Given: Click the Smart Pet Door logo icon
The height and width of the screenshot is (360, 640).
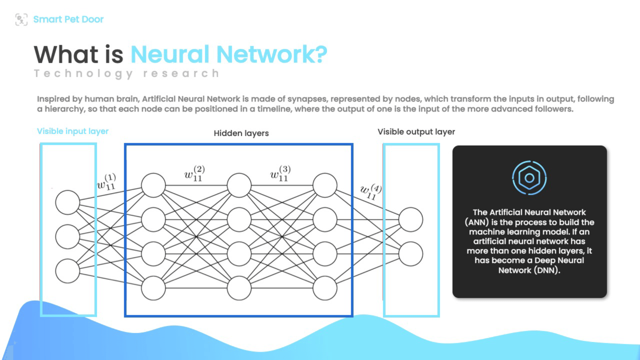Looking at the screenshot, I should pyautogui.click(x=21, y=19).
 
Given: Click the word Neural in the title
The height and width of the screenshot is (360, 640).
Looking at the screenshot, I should pyautogui.click(x=170, y=54).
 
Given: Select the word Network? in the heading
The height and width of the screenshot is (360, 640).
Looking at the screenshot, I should pyautogui.click(x=272, y=54).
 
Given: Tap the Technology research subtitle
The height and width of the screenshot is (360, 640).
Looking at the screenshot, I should pyautogui.click(x=127, y=73).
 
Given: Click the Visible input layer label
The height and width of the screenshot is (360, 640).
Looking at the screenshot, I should pyautogui.click(x=73, y=131).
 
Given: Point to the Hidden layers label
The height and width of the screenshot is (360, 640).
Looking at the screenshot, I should pyautogui.click(x=241, y=133).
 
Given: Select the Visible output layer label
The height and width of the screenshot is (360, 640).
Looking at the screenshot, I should pyautogui.click(x=416, y=132).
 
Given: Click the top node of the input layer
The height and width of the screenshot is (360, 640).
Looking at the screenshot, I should pyautogui.click(x=68, y=202).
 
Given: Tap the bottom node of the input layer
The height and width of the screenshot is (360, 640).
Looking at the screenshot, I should pyautogui.click(x=68, y=271).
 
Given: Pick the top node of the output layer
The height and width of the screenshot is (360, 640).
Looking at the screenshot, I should pyautogui.click(x=411, y=220).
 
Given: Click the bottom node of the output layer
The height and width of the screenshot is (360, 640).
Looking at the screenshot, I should pyautogui.click(x=411, y=254).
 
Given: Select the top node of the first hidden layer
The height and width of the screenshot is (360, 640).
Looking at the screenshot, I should pyautogui.click(x=153, y=185).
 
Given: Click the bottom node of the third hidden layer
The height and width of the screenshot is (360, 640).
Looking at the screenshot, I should pyautogui.click(x=325, y=288).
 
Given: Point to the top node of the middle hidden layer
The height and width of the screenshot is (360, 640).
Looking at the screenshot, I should pyautogui.click(x=239, y=185).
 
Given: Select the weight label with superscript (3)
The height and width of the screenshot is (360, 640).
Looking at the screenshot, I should pyautogui.click(x=280, y=174).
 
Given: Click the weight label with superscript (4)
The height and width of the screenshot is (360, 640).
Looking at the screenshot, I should pyautogui.click(x=371, y=192).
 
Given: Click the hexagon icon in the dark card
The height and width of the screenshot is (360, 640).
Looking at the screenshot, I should pyautogui.click(x=529, y=178).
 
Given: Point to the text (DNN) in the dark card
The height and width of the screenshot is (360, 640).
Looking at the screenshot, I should pyautogui.click(x=547, y=270).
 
